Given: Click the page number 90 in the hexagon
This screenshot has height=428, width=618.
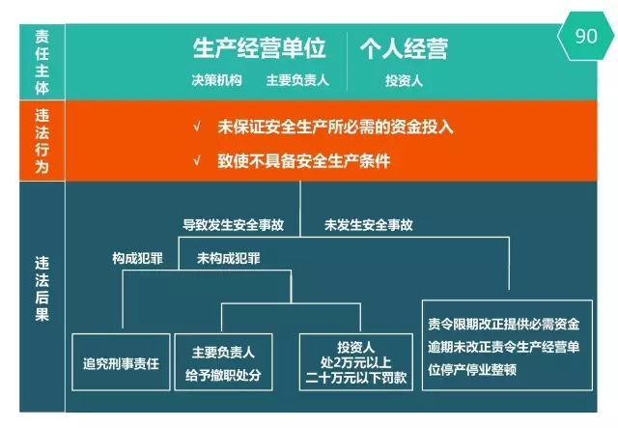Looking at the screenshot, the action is point(586,36).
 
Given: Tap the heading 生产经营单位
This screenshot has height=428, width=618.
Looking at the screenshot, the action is point(259,48).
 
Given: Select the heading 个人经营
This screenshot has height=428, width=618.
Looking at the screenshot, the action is point(404,48).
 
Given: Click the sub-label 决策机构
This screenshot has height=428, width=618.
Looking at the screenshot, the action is point(216,80).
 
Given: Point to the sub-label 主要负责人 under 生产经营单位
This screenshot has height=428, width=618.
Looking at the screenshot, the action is point(297,80).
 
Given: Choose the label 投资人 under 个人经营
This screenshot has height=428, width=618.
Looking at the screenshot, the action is point(404,80).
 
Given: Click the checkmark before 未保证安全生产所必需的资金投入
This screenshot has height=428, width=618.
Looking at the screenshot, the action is point(197,127).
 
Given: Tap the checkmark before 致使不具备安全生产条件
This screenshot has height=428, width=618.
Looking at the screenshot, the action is point(197,160).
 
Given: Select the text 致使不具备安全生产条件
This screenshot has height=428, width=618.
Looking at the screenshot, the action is point(304,161).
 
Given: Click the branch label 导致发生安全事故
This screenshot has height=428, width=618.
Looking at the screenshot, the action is point(233,225).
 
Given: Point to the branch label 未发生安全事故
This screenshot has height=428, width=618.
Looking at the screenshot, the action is point(369,225).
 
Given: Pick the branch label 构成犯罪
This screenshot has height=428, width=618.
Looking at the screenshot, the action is point(137,258).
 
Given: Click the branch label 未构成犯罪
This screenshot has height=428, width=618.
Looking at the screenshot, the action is point(229,258).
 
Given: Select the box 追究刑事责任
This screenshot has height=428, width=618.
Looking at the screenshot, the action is point(121,362).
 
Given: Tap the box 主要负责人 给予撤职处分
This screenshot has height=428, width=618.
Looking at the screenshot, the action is point(223,362).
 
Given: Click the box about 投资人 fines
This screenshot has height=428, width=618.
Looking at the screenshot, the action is point(356,362).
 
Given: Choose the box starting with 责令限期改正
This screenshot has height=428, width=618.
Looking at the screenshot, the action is point(507,346).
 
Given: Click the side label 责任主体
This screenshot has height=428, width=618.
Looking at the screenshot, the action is point(42,62).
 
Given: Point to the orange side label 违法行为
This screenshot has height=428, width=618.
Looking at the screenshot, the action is point(42,141).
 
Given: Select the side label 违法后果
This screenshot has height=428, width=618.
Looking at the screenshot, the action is point(42,289).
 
